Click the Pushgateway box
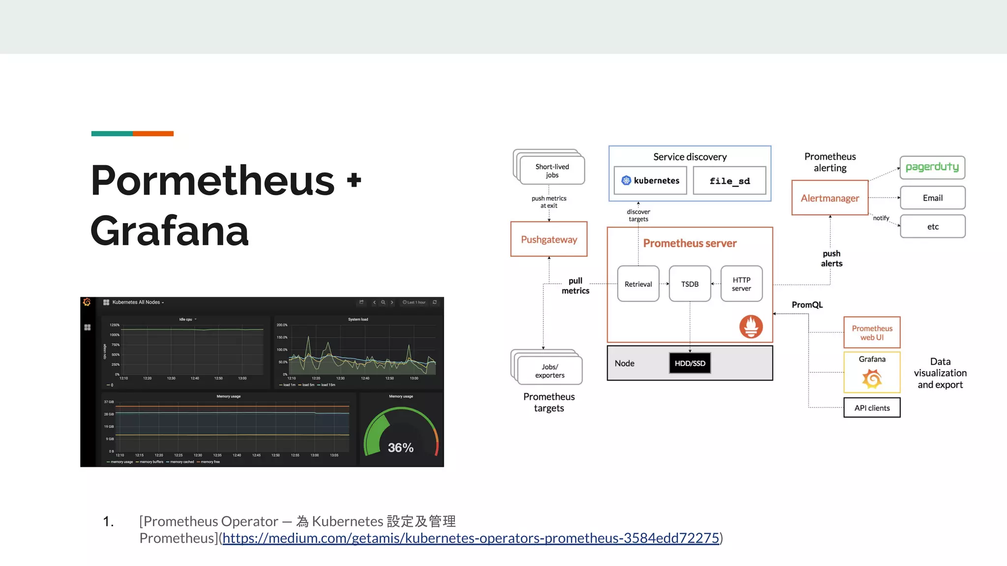pos(549,239)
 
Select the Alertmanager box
pos(829,198)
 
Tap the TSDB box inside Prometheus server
pos(689,284)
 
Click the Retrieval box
pos(638,284)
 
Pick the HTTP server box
pos(741,284)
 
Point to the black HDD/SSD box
pos(689,363)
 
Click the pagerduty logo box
pos(932,168)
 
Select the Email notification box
pos(932,198)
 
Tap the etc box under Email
pos(932,226)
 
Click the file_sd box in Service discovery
pos(729,181)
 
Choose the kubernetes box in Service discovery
pos(650,181)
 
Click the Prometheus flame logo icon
pos(751,327)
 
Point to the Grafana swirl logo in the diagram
pos(872,379)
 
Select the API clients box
pos(872,408)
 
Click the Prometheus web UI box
pos(872,333)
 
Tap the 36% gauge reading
pos(400,448)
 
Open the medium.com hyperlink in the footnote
pos(471,538)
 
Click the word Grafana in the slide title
pos(170,231)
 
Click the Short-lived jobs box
pos(552,171)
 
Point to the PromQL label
pos(807,305)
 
